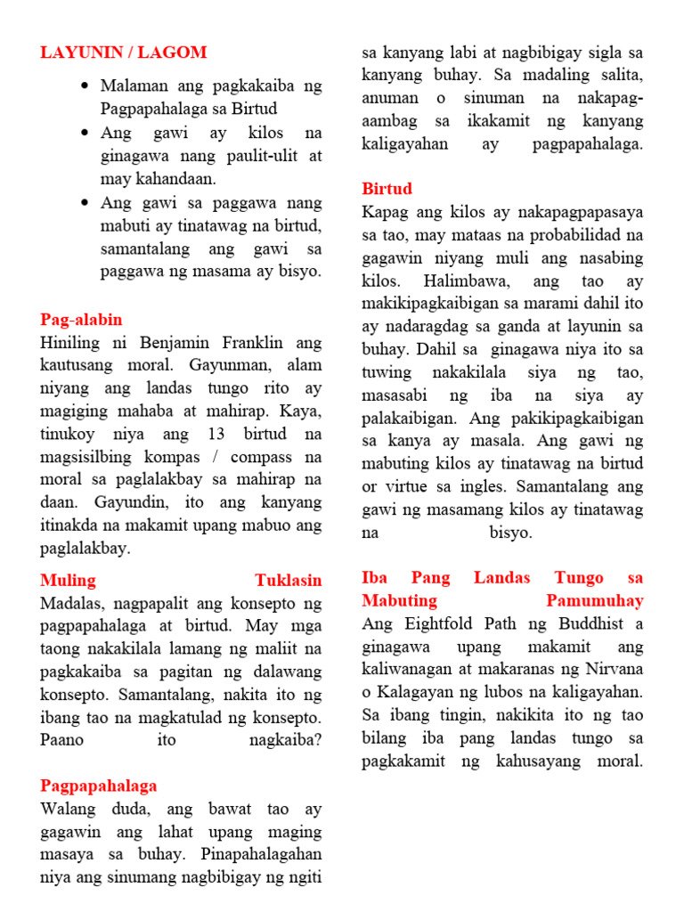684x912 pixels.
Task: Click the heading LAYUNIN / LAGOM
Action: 123,53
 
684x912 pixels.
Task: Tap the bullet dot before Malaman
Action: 85,86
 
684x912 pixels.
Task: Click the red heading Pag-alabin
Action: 81,320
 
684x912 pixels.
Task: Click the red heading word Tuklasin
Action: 289,581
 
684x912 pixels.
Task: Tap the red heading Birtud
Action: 387,189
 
